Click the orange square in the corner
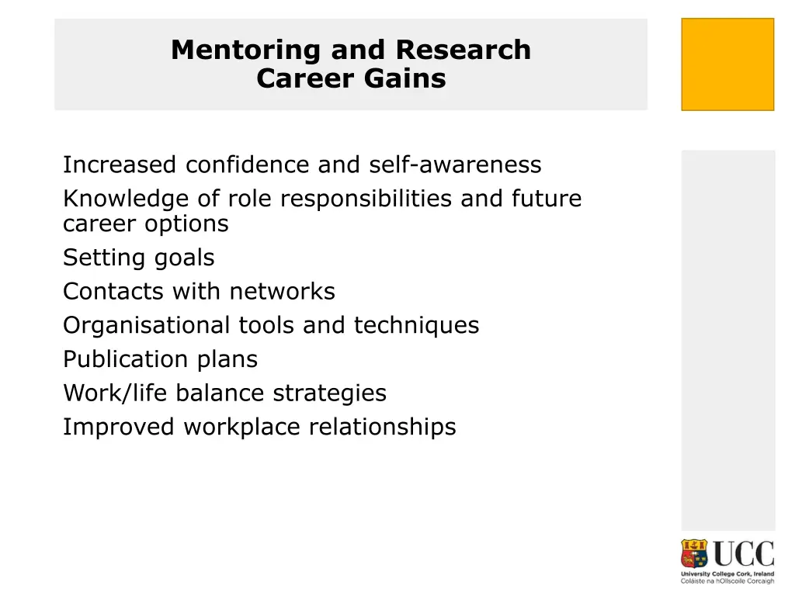pos(727,64)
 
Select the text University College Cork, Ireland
pos(727,573)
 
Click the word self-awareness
pos(455,165)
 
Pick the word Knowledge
pos(126,199)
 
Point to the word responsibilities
pos(367,199)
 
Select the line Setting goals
pos(138,257)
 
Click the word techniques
pos(417,325)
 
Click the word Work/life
pos(116,393)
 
